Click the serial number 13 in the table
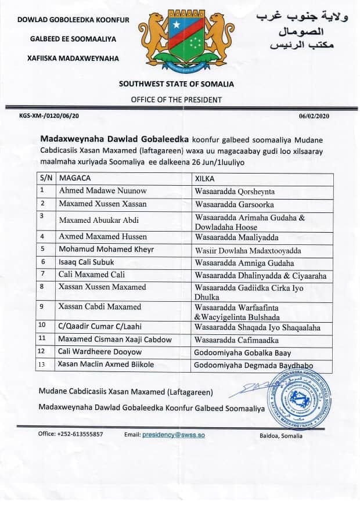point(42,364)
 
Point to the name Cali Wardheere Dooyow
point(93,351)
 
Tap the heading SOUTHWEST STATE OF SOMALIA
point(176,84)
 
